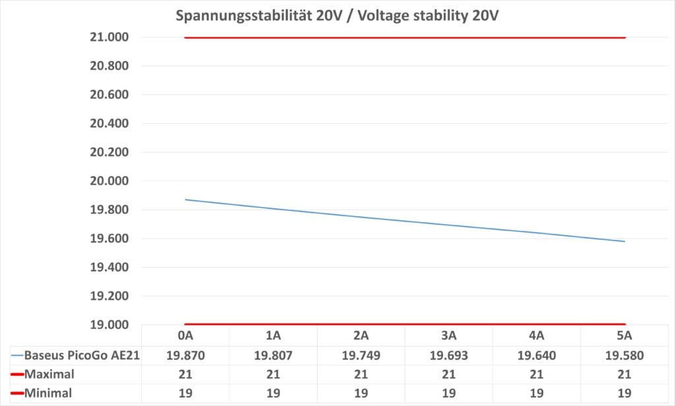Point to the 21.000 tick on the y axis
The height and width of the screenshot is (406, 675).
(x=109, y=38)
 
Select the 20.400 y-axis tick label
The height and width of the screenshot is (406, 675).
(x=109, y=124)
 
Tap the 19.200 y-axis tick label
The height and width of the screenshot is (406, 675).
(x=109, y=296)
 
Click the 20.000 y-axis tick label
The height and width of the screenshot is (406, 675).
(x=109, y=181)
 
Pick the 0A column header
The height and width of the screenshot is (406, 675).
(x=185, y=335)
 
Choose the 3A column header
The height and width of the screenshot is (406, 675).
(x=448, y=335)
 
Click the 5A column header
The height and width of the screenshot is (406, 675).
(x=624, y=335)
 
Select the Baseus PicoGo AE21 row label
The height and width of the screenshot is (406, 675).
(x=81, y=355)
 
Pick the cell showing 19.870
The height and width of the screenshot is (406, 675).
(x=185, y=355)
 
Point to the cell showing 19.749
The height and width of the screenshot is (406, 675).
(x=361, y=355)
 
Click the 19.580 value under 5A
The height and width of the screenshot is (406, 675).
(x=624, y=355)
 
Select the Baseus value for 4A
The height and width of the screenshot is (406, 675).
(x=537, y=355)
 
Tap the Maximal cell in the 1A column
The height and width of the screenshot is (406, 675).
(x=273, y=374)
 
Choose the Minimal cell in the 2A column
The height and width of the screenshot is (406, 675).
(x=361, y=393)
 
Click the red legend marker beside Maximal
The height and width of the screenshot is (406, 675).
(x=17, y=374)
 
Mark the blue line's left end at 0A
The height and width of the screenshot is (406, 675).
(x=185, y=199)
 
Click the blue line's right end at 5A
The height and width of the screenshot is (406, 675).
(x=624, y=241)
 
